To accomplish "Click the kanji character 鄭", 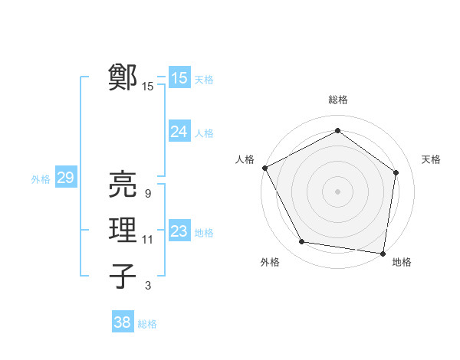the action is point(123,78).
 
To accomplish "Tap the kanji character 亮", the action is point(123,185).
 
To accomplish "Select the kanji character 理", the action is point(123,231).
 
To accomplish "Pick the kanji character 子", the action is point(123,276).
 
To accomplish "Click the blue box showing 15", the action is point(179,78).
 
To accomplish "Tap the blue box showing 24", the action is point(179,132).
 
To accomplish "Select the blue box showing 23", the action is point(179,231).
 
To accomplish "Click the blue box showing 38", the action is point(123,322).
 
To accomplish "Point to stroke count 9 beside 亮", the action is point(147,194).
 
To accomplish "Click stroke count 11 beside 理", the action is point(148,240).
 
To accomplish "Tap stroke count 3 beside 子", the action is point(147,286).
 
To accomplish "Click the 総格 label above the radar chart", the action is point(337,100).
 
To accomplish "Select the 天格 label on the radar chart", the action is point(431,159).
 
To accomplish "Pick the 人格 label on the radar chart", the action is point(245,159).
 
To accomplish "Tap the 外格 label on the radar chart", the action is point(269,262).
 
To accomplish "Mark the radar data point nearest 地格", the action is point(383,253).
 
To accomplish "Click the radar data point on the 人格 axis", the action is point(264,167).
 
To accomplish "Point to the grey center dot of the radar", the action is point(337,191).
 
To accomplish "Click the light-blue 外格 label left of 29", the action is point(41,179).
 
